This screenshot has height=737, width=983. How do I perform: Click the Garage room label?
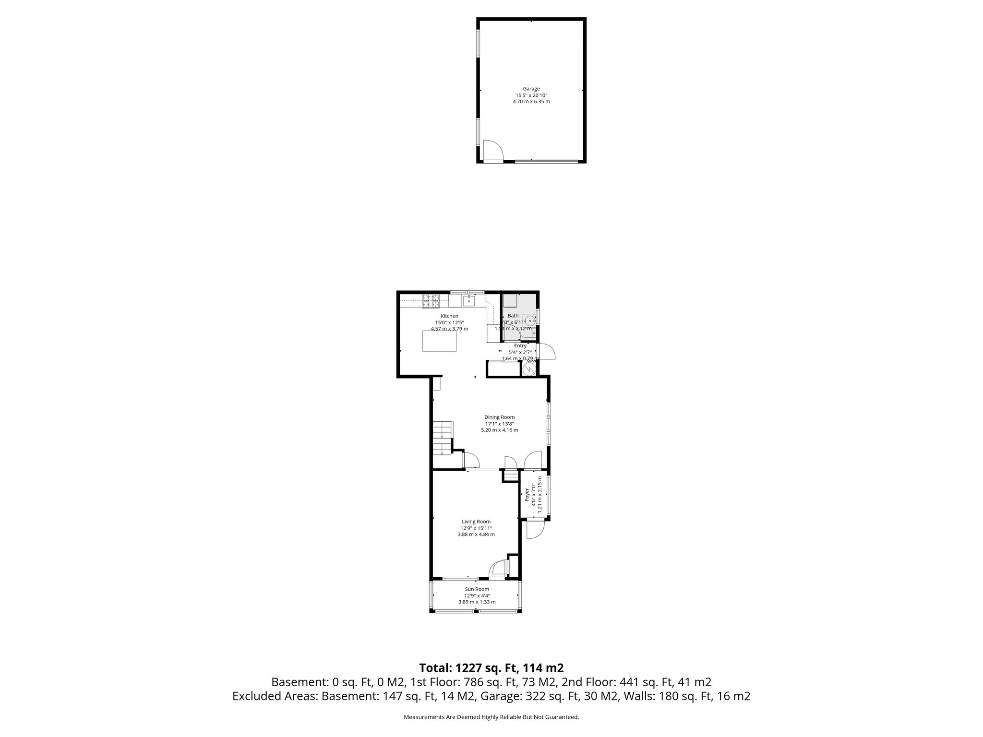[531, 89]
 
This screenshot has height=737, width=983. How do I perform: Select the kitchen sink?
[469, 301]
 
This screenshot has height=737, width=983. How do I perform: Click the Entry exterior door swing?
[547, 351]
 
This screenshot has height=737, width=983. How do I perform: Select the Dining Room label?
[499, 417]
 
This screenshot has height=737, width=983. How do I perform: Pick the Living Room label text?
[476, 522]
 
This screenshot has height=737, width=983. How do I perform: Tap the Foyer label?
[527, 495]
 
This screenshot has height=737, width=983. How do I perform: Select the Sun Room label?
[477, 589]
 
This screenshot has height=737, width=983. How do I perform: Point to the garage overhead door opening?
[546, 162]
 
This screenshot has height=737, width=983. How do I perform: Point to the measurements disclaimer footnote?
[491, 717]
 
